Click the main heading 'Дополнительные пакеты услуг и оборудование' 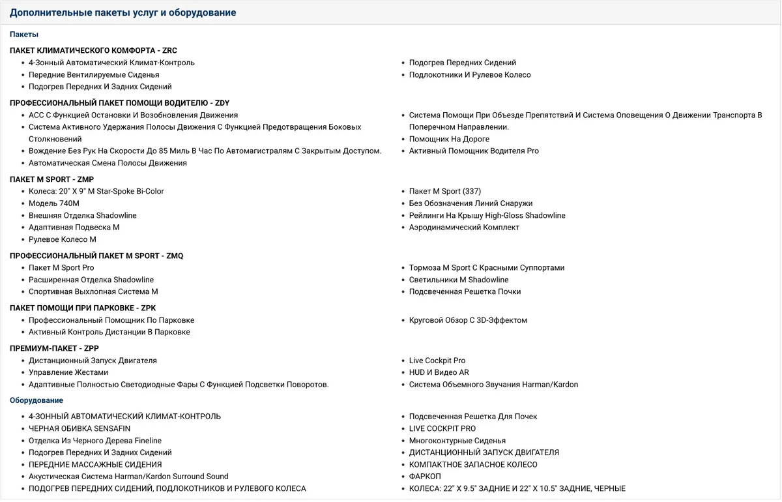click(x=123, y=12)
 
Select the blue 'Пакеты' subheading click(x=24, y=35)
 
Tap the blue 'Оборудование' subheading click(x=36, y=400)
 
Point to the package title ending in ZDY click(x=119, y=103)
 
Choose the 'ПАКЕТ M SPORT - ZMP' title click(x=51, y=179)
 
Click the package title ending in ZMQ click(x=96, y=256)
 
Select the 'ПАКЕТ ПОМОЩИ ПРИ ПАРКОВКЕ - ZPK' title click(x=83, y=308)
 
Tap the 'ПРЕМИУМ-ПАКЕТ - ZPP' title click(x=54, y=348)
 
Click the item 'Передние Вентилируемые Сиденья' click(x=94, y=75)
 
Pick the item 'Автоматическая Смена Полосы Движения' click(x=108, y=163)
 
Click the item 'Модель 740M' click(x=54, y=203)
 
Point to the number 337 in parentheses click(x=472, y=192)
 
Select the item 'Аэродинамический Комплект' click(x=464, y=228)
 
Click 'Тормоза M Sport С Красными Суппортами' click(x=487, y=268)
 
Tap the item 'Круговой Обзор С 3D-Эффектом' click(x=468, y=320)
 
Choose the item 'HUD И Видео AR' click(x=439, y=372)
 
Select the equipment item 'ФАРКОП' click(x=425, y=477)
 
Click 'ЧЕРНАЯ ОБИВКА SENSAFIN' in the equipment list click(x=80, y=428)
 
